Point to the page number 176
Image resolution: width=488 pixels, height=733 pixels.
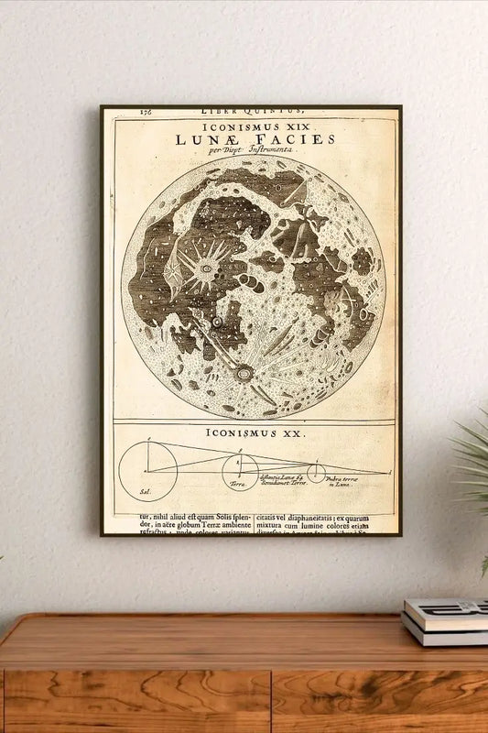(x=146, y=112)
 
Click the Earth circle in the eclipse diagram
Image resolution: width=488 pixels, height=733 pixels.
(x=240, y=471)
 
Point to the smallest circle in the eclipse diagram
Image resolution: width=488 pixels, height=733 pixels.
(x=316, y=473)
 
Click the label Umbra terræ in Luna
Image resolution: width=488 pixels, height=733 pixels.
(x=340, y=481)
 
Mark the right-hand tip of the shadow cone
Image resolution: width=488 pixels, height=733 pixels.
(x=389, y=473)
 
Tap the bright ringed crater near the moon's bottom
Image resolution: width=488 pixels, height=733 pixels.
(x=244, y=374)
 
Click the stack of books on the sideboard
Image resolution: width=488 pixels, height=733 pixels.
(x=445, y=621)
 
